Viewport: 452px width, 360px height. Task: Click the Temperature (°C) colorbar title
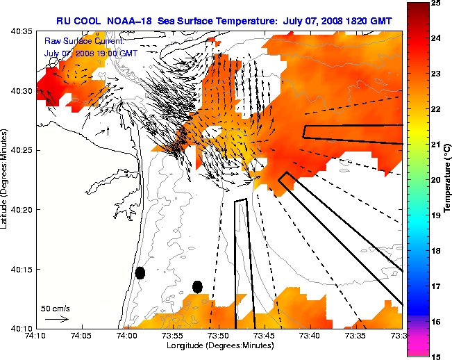pos(448,179)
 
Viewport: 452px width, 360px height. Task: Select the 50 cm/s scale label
pos(55,308)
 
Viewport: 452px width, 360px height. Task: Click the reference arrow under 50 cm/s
pos(56,320)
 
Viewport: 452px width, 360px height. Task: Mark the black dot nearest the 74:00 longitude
pos(140,272)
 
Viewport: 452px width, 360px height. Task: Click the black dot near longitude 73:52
pos(197,286)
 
